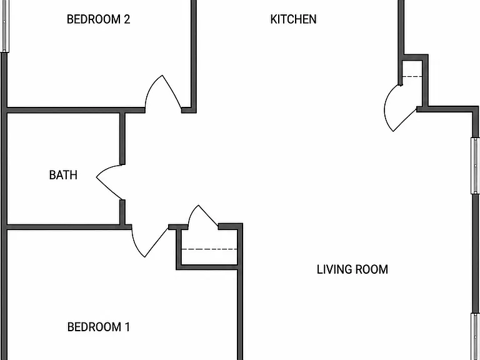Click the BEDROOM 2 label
(x=98, y=19)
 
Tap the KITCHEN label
(x=293, y=19)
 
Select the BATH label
(x=63, y=175)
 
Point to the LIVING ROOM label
(x=352, y=269)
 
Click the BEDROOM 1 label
(x=98, y=327)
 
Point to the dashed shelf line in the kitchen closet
(x=412, y=76)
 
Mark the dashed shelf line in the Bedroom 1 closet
(x=209, y=249)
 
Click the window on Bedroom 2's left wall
(x=4, y=26)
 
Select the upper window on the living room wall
(x=475, y=166)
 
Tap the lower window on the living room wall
(x=476, y=336)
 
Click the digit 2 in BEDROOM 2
(x=127, y=19)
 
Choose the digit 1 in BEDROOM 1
(x=127, y=327)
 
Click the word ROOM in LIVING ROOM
(x=370, y=269)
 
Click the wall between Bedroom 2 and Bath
(x=76, y=110)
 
